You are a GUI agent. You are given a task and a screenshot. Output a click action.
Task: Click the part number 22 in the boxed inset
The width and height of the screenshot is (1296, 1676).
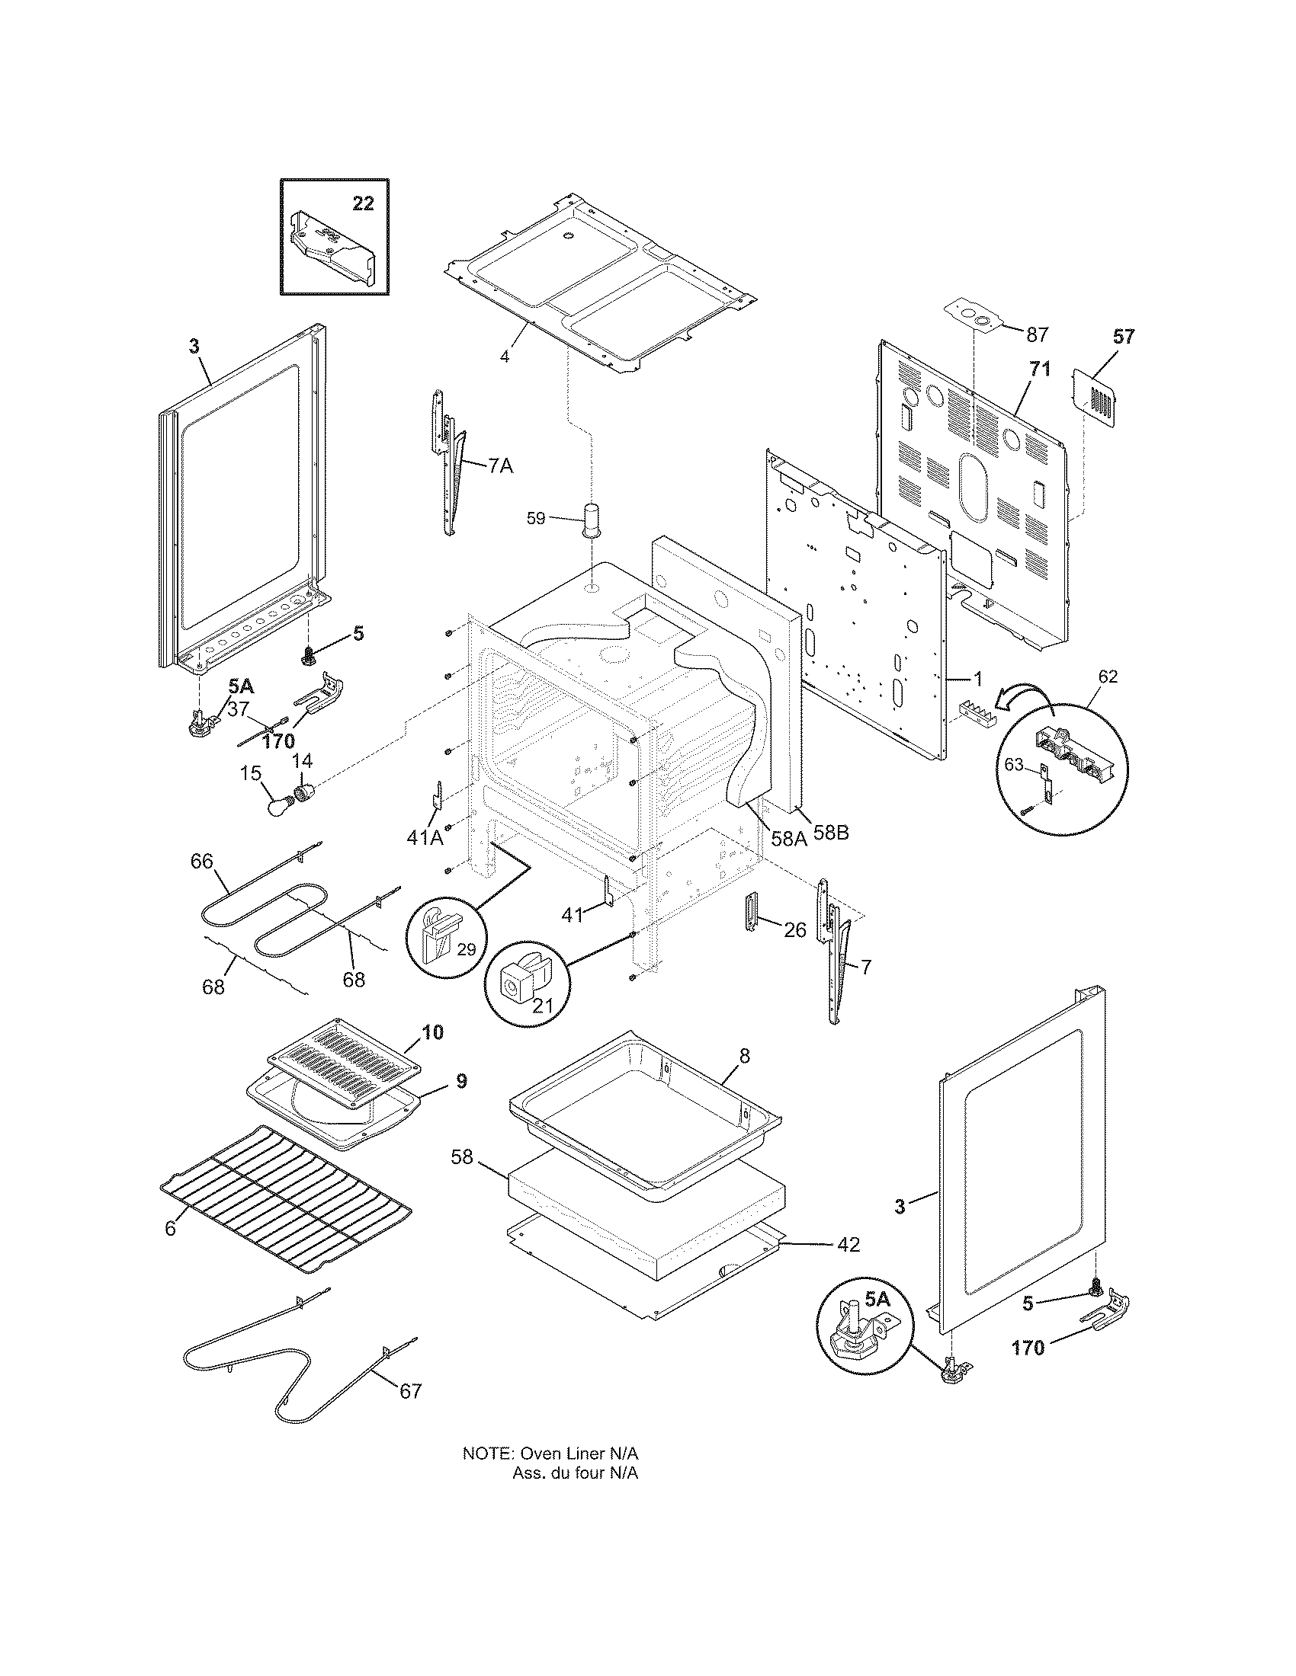[x=363, y=203]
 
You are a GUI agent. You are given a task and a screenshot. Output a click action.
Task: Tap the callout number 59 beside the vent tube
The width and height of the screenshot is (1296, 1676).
[x=535, y=518]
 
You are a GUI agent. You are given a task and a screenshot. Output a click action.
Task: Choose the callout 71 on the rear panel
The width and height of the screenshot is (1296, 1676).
[x=1039, y=369]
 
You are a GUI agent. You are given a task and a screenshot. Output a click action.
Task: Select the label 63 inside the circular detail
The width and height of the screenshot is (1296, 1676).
[x=1014, y=764]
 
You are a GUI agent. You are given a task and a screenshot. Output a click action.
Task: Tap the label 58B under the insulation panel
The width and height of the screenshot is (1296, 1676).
[x=831, y=832]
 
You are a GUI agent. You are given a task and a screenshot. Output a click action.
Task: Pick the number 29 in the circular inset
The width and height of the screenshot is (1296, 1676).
[x=466, y=949]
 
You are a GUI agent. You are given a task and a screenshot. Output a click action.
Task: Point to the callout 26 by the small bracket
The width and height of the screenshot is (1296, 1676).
[x=794, y=930]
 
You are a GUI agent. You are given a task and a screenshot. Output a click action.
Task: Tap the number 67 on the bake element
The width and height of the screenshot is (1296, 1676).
[x=411, y=1390]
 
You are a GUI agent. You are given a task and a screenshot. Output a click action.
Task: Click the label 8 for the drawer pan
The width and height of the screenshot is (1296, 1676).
[x=744, y=1056]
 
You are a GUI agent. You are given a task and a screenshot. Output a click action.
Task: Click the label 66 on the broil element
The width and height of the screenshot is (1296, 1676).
[x=202, y=862]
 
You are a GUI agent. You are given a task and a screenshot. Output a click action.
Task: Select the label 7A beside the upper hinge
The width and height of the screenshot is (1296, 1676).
[x=500, y=465]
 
